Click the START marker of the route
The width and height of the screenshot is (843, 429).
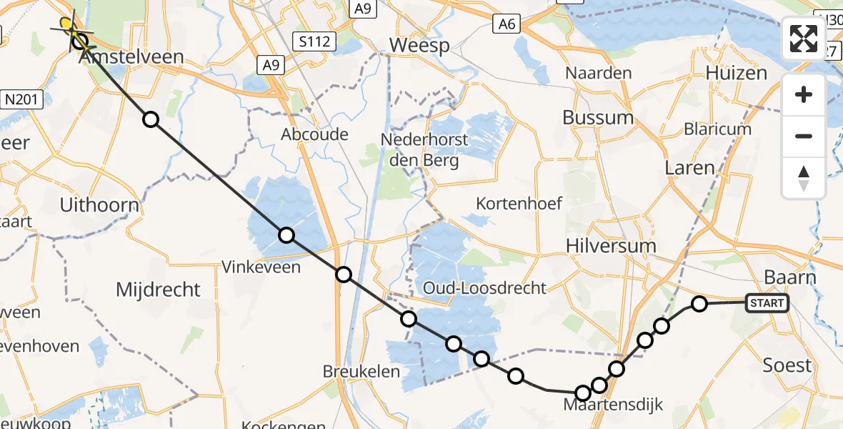pyautogui.click(x=767, y=303)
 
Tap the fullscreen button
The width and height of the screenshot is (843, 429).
pyautogui.click(x=804, y=39)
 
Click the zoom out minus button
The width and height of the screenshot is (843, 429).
pyautogui.click(x=804, y=136)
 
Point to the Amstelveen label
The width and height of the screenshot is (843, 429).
pyautogui.click(x=134, y=57)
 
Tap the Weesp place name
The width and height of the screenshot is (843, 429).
pyautogui.click(x=419, y=46)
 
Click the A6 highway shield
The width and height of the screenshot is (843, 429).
pyautogui.click(x=506, y=26)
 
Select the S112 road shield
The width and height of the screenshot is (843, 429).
pyautogui.click(x=314, y=41)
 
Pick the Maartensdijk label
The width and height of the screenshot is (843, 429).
pyautogui.click(x=613, y=405)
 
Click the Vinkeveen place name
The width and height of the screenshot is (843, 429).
pyautogui.click(x=261, y=267)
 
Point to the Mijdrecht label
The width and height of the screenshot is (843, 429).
pyautogui.click(x=158, y=290)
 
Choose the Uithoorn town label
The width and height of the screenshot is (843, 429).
pyautogui.click(x=99, y=206)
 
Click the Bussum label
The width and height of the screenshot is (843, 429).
pyautogui.click(x=598, y=117)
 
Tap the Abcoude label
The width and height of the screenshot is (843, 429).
pyautogui.click(x=314, y=134)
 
